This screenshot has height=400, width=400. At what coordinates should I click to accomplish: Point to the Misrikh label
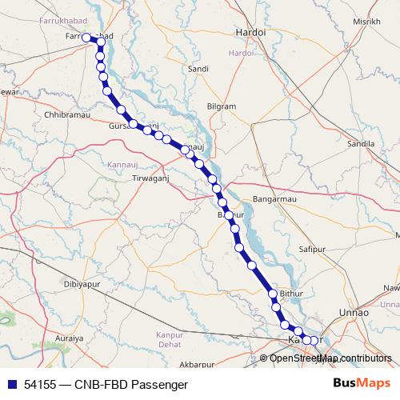point(366,22)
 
